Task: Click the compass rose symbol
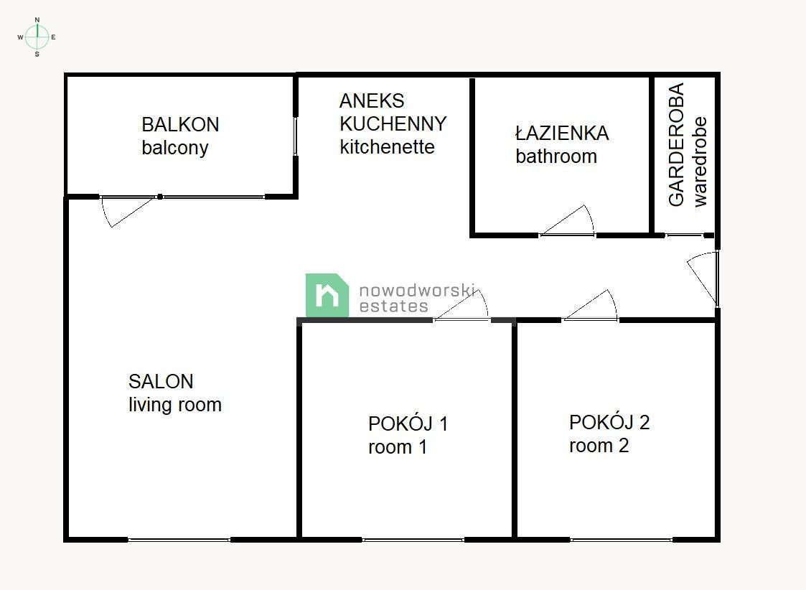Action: [37, 36]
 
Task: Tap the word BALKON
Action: [180, 124]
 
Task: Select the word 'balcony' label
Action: [174, 148]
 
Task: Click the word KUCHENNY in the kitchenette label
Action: [393, 123]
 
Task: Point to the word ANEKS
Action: [372, 100]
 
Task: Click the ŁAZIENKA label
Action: [561, 133]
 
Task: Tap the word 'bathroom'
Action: [556, 156]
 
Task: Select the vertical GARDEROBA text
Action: [676, 145]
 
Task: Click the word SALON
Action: [161, 381]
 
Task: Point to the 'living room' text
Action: [175, 405]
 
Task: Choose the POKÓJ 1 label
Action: [408, 423]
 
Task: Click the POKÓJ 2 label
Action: [609, 422]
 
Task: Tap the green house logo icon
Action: [327, 295]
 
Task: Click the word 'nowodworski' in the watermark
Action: [417, 290]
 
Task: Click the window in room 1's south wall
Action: [413, 539]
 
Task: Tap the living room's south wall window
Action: [179, 539]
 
